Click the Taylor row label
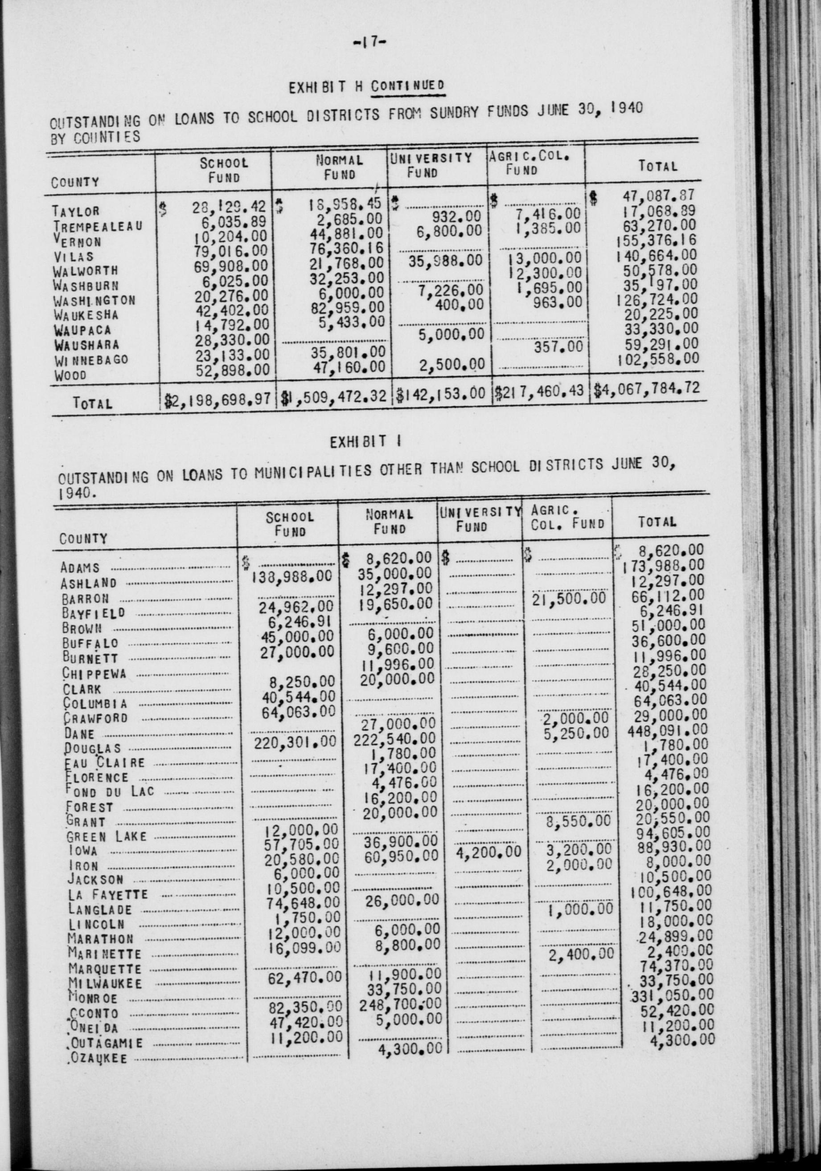[x=75, y=211]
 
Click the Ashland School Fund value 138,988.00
[x=292, y=576]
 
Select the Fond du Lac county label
[x=110, y=792]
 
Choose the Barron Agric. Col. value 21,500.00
[x=568, y=598]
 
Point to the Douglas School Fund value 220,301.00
[x=296, y=743]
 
